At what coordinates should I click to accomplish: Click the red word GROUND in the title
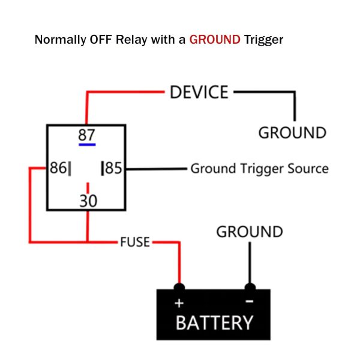coord(215,40)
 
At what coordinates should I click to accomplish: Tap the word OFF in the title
coord(101,40)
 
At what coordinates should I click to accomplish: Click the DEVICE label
coord(199,92)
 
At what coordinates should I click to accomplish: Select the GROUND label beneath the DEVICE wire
coord(292,133)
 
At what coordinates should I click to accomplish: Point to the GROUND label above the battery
coord(250,232)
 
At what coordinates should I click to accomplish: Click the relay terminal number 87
coord(86,135)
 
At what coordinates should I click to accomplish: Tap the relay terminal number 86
coord(58,167)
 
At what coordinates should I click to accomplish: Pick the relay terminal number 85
coord(113,168)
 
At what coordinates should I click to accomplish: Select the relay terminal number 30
coord(88,201)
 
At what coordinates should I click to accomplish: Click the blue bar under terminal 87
coord(87,145)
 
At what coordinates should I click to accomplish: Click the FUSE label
coord(135,242)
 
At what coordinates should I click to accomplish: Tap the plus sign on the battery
coord(179,303)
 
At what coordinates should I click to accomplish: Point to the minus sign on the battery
coord(250,301)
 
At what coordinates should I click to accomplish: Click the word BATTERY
coord(214,323)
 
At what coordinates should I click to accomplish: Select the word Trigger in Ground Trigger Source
coord(263,169)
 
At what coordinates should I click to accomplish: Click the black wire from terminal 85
coord(157,169)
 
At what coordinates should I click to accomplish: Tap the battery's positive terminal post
coord(179,287)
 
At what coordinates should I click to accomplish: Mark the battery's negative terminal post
coord(250,287)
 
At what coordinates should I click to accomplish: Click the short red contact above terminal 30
coord(88,188)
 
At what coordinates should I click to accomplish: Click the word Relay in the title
coord(131,40)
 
